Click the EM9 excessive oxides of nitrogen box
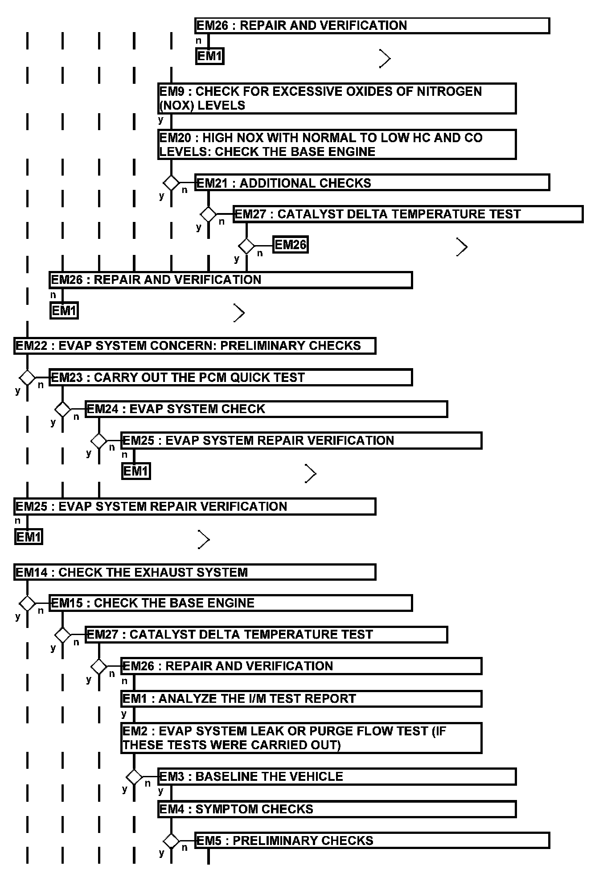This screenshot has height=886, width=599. tap(337, 98)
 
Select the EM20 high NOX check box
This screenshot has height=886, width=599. tap(337, 144)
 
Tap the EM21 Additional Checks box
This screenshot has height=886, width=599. tap(372, 183)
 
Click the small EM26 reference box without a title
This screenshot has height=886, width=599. tap(290, 245)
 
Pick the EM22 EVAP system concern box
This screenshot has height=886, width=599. tap(195, 346)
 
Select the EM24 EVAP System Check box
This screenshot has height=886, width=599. tap(266, 409)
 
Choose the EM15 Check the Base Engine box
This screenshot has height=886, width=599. tap(230, 603)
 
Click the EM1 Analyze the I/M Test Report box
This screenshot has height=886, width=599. tap(301, 698)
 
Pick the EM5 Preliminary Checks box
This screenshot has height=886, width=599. tap(372, 841)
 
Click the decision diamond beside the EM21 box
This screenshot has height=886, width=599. tap(171, 183)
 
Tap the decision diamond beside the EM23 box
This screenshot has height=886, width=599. tap(27, 377)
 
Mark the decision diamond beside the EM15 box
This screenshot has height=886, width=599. tap(27, 603)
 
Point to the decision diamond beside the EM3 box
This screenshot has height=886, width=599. tap(134, 777)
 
